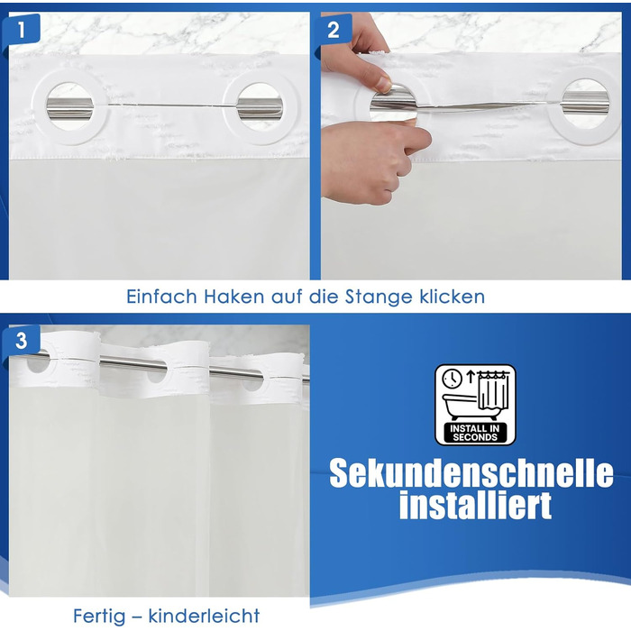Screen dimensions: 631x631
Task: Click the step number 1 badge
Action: [x=21, y=29]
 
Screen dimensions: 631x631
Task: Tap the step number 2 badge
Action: [x=334, y=29]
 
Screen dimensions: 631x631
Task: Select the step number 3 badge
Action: [x=21, y=341]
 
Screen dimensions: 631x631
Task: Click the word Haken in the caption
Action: [x=233, y=297]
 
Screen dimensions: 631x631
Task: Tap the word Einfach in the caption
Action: [x=161, y=297]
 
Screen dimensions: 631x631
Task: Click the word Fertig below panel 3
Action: [x=99, y=616]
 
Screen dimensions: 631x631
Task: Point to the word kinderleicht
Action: [x=204, y=616]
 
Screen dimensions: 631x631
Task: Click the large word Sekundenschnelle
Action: [x=471, y=473]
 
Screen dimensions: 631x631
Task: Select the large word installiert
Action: [x=475, y=505]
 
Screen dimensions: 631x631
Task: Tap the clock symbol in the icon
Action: [x=452, y=379]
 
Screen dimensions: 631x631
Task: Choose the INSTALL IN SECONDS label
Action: [x=475, y=433]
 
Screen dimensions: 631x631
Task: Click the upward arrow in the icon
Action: [x=471, y=377]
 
